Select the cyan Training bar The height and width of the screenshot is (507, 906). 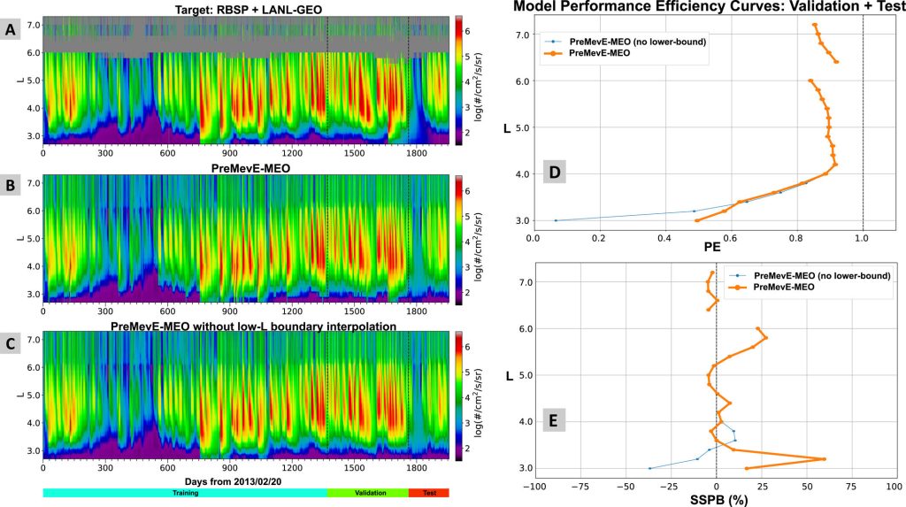pos(185,493)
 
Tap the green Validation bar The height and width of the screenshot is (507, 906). pos(367,493)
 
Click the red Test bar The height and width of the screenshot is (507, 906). pos(429,493)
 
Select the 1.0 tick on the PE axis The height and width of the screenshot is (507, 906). pos(863,237)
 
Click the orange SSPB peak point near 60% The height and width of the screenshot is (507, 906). pos(825,458)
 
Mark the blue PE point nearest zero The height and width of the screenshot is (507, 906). pos(555,220)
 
